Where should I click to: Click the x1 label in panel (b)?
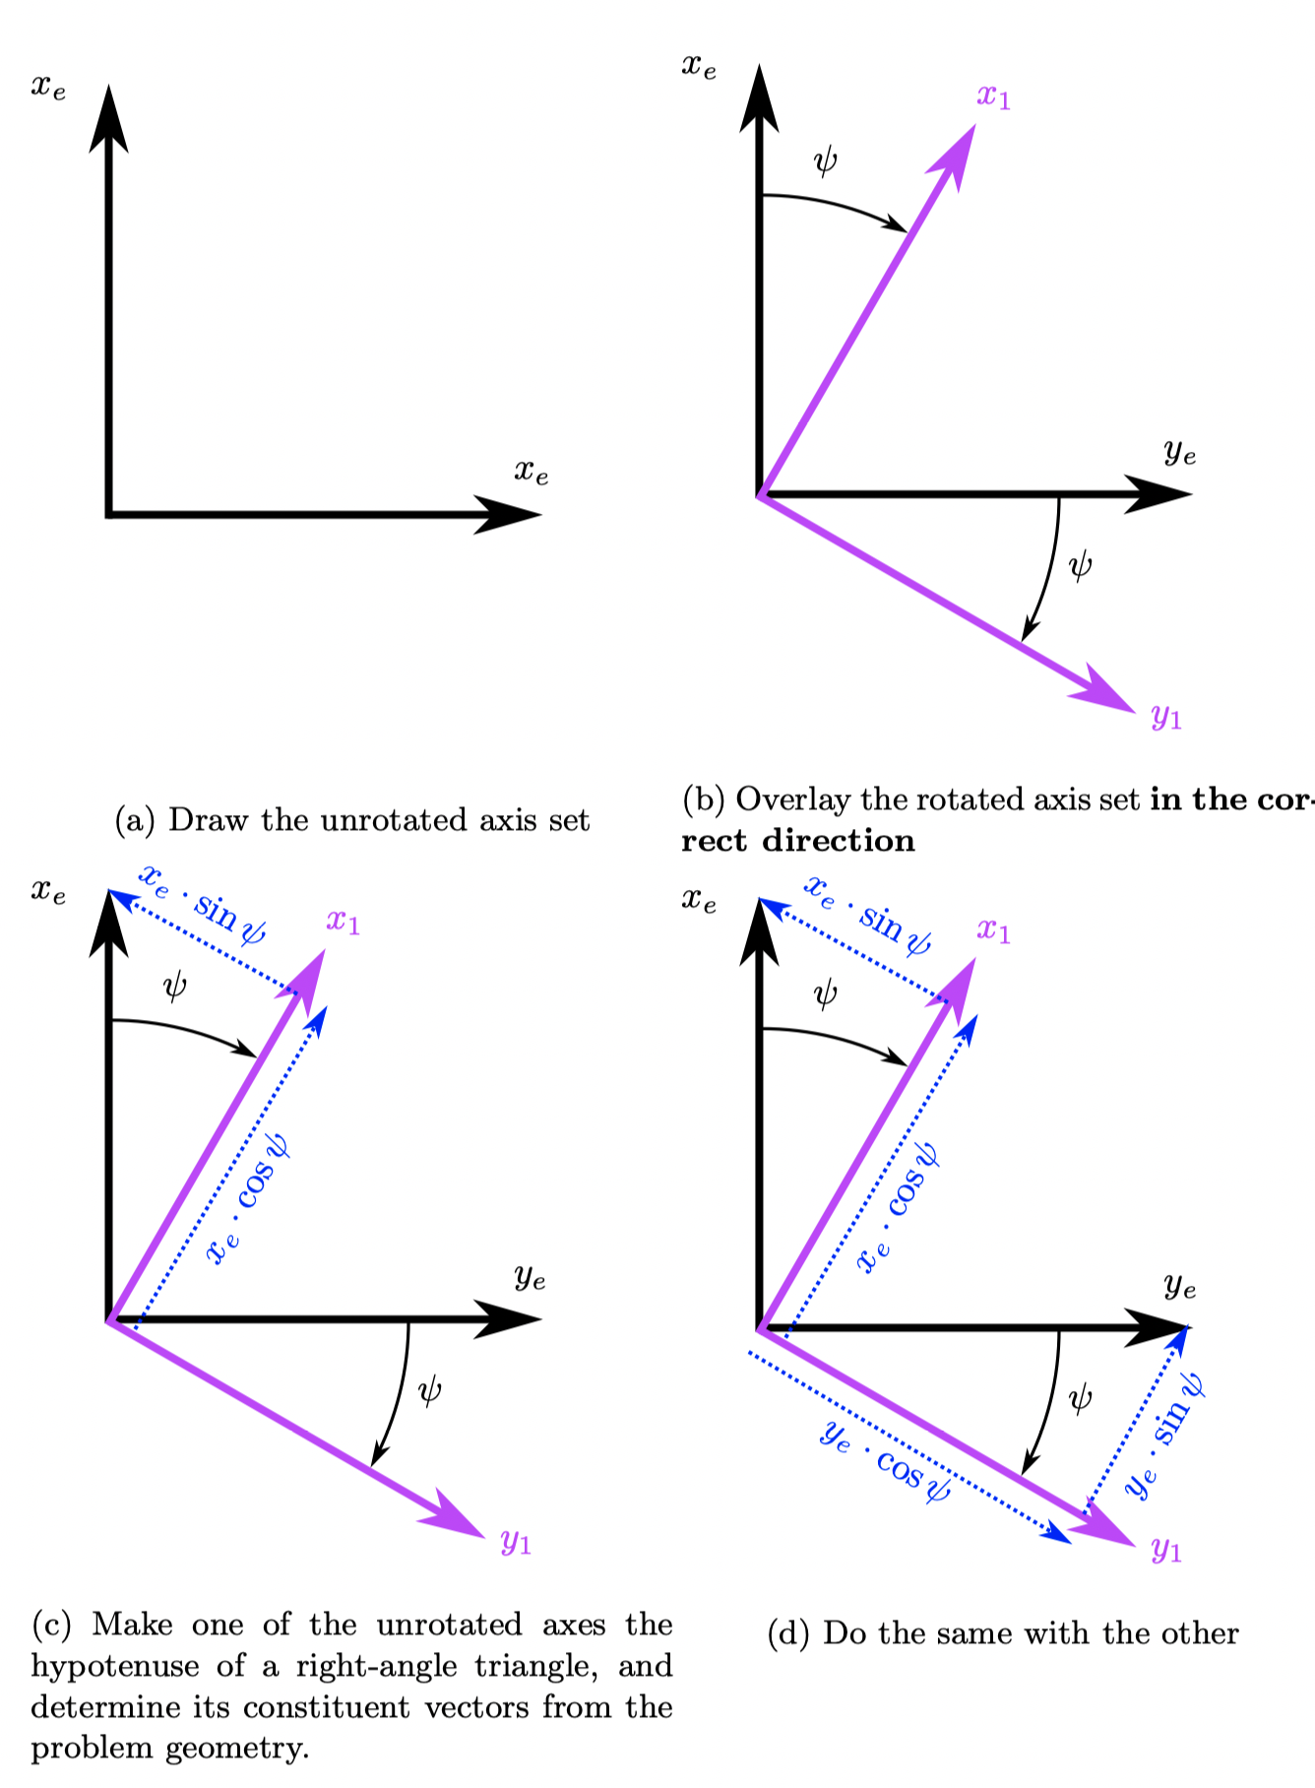[x=993, y=97]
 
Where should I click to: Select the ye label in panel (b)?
[x=1180, y=453]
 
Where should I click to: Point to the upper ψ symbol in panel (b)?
[x=826, y=160]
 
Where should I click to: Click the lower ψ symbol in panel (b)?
[x=1080, y=566]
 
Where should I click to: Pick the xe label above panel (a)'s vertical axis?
[x=48, y=88]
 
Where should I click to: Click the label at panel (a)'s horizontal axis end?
[x=532, y=473]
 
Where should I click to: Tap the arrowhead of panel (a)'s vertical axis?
[x=108, y=118]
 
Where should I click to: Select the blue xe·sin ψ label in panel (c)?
[x=203, y=905]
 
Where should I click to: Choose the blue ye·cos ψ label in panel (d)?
[x=885, y=1461]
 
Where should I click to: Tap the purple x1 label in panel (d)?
[x=993, y=930]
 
